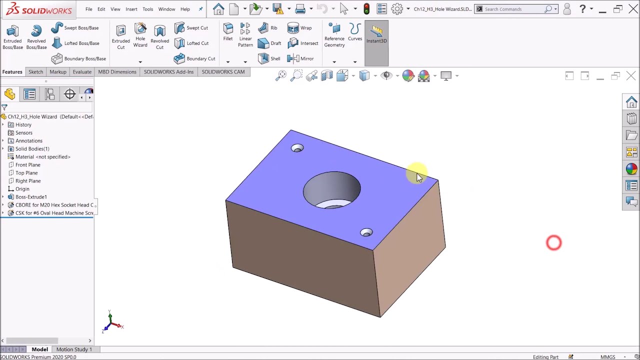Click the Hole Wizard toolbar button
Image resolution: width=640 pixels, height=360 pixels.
tap(140, 35)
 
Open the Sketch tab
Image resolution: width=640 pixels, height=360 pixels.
tap(35, 71)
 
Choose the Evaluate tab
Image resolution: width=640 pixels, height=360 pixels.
tap(82, 71)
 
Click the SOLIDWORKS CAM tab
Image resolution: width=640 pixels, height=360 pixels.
tap(223, 71)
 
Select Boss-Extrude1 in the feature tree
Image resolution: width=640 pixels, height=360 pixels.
tap(30, 196)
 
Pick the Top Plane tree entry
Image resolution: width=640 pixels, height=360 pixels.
tap(26, 172)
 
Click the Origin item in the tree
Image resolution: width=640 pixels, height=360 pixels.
tap(22, 188)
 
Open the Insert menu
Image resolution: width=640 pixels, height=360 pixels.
tap(131, 9)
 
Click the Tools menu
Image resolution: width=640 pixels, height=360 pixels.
tap(147, 9)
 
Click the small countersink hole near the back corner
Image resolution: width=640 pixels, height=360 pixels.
tap(297, 148)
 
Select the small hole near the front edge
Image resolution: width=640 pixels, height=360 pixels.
tap(366, 232)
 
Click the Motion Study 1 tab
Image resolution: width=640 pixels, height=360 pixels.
tap(74, 349)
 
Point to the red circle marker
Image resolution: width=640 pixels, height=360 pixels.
tap(553, 243)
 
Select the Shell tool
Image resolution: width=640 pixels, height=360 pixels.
tap(269, 58)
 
